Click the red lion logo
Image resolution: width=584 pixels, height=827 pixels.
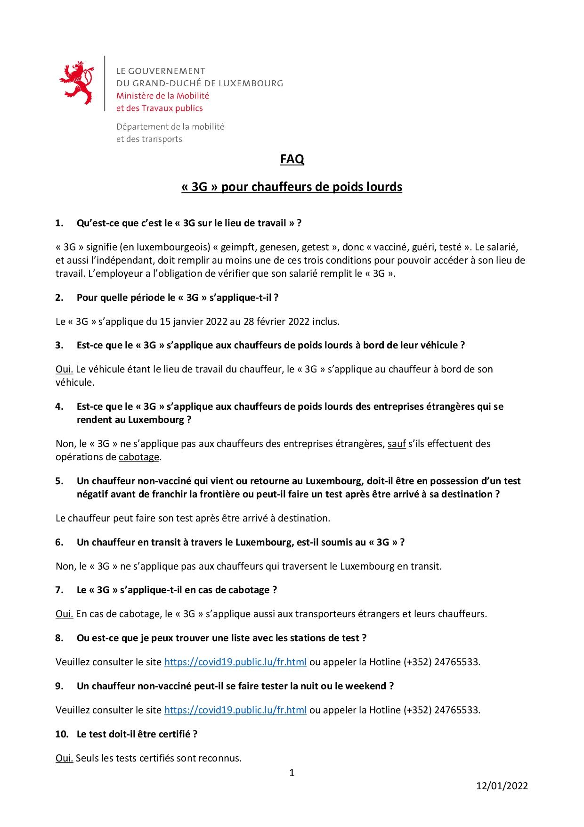[76, 82]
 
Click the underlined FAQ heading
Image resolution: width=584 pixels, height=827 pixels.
[292, 159]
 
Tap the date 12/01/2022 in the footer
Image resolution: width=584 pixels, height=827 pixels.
[502, 786]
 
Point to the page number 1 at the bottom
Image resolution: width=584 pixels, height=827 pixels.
[292, 773]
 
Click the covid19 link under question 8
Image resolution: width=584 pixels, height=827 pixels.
[235, 662]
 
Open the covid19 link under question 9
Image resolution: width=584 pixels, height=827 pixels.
[235, 710]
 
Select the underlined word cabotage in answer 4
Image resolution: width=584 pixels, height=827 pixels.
[139, 457]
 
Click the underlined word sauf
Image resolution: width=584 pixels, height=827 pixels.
[397, 444]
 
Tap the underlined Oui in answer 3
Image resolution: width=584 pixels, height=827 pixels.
[64, 369]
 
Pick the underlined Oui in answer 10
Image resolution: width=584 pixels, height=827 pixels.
[64, 758]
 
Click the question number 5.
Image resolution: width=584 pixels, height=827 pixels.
[59, 481]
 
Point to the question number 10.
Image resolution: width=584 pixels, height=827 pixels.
[62, 734]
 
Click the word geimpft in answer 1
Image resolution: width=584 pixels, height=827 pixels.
[238, 247]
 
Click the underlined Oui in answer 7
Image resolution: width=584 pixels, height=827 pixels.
[64, 614]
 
